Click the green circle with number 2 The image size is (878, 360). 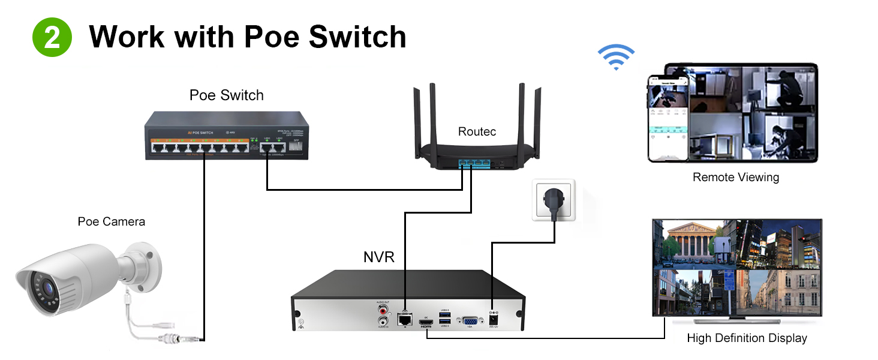(x=52, y=37)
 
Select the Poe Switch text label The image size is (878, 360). (x=226, y=95)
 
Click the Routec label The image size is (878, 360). (x=477, y=131)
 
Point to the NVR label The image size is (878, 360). (x=378, y=257)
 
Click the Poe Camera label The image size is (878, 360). (x=111, y=221)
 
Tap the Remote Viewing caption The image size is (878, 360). (x=735, y=177)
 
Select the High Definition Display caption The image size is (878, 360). (x=746, y=338)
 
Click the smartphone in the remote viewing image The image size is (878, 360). (x=666, y=118)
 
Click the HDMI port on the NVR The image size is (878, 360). (x=426, y=325)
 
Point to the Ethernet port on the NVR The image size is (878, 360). (x=405, y=319)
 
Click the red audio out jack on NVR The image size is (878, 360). (x=381, y=311)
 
